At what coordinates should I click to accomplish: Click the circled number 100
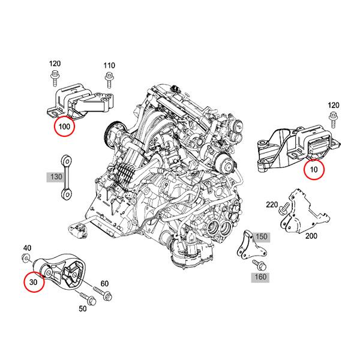tap(64, 127)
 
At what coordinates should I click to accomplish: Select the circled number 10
tap(314, 170)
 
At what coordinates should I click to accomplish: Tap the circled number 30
tap(34, 281)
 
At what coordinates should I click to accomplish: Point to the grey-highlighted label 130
tap(55, 177)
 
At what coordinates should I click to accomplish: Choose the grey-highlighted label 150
tap(260, 237)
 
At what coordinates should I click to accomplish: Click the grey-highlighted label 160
tap(260, 278)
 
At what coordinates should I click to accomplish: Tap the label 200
tap(311, 236)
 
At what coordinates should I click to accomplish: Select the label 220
tap(272, 205)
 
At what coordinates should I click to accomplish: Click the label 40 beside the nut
tap(27, 248)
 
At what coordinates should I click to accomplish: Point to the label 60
tap(104, 283)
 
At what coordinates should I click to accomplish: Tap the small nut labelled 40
tap(28, 259)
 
